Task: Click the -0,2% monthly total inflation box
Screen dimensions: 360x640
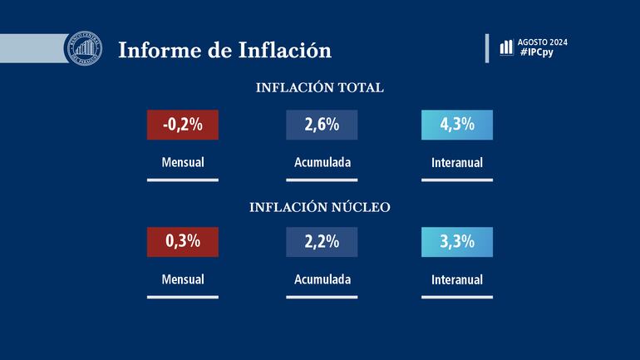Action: point(182,125)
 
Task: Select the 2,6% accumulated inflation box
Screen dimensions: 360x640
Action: point(322,125)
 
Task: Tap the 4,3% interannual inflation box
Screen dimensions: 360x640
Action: point(457,125)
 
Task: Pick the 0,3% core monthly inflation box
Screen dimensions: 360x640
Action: point(182,242)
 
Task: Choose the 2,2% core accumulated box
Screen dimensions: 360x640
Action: point(322,242)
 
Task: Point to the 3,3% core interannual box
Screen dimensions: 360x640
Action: point(457,242)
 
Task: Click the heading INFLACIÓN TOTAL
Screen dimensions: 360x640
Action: point(320,88)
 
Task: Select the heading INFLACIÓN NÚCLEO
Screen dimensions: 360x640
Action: point(320,207)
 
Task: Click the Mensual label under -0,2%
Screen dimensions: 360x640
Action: point(182,162)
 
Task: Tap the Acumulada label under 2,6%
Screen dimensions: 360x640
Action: point(322,162)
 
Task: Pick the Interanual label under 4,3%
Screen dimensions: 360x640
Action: point(457,163)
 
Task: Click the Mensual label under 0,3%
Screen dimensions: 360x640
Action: point(182,279)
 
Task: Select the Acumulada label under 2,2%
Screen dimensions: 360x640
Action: point(322,279)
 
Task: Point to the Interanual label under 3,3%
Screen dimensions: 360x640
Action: point(457,280)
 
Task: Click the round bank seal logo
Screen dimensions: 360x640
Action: point(83,48)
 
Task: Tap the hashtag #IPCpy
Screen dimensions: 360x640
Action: point(538,52)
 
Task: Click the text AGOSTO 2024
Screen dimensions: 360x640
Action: point(542,42)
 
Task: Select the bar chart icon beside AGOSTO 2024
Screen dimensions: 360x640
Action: point(506,47)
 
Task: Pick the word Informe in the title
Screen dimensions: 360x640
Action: point(158,50)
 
